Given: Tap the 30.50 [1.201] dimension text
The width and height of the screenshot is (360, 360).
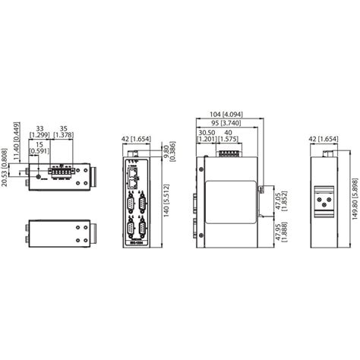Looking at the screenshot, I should [205, 134].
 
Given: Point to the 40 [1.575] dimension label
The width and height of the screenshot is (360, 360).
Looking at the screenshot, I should [229, 134].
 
